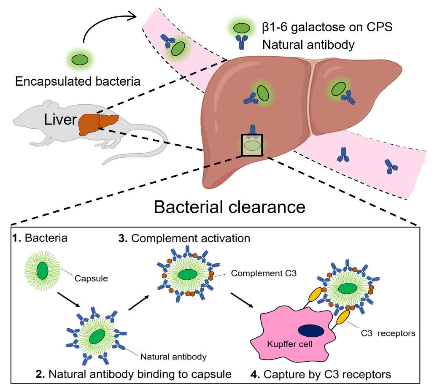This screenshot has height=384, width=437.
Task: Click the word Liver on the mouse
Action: click(x=60, y=120)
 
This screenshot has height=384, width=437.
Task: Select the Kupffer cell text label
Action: click(x=290, y=344)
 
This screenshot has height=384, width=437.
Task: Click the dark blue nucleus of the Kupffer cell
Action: click(x=311, y=331)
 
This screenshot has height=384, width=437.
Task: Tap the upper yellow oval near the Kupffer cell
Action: click(x=316, y=295)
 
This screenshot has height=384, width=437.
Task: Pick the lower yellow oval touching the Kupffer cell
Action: click(x=343, y=317)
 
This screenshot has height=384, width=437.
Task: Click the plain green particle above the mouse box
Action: click(x=80, y=60)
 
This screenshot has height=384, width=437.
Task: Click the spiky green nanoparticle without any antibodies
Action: click(x=42, y=270)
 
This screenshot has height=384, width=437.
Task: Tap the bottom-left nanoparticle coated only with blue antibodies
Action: click(x=97, y=336)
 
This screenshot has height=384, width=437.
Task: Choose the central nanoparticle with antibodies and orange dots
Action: click(x=188, y=274)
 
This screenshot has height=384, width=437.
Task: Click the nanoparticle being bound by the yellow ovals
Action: click(x=348, y=288)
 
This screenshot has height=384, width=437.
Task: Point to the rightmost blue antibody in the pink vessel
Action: click(x=391, y=167)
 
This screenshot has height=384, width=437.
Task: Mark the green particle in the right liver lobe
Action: click(x=338, y=89)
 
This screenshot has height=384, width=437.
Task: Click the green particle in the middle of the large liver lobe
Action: click(x=263, y=93)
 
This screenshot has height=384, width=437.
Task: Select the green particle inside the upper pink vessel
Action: click(x=178, y=49)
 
